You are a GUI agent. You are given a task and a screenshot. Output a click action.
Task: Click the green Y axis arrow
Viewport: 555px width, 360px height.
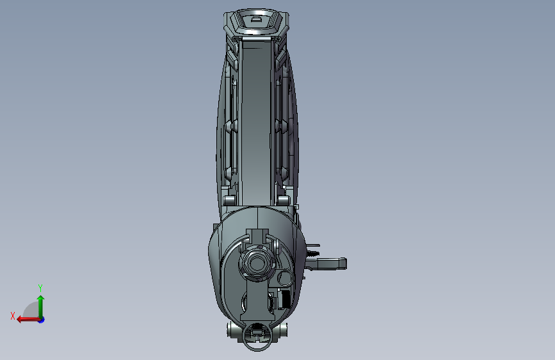pos(40,304)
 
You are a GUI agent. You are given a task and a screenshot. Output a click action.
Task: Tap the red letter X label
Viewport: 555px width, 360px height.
pos(13,316)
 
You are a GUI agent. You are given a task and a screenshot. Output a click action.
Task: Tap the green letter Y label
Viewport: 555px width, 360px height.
pos(40,288)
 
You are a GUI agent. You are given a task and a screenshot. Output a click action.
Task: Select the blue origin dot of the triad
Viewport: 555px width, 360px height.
pos(41,319)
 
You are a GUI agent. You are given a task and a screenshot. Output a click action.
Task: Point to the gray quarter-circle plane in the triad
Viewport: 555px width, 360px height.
pos(31,311)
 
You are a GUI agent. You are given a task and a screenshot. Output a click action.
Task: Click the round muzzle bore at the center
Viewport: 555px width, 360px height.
pos(257,264)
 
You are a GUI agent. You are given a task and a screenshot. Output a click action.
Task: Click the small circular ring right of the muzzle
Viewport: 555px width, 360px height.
pos(285,277)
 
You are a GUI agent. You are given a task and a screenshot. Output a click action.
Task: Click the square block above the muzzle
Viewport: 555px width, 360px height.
pos(257,236)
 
